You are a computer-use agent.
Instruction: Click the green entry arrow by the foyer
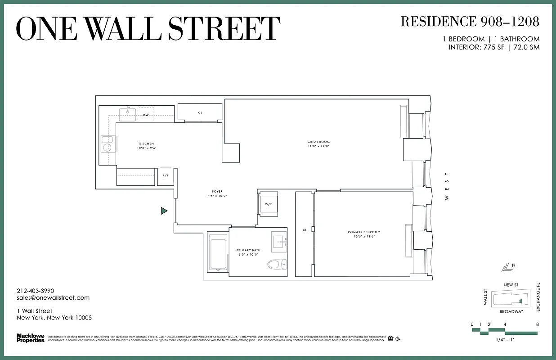click(x=164, y=211)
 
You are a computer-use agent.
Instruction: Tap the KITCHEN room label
click(x=146, y=144)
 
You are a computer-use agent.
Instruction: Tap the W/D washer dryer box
click(x=269, y=204)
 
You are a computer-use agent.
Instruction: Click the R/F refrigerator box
click(x=165, y=176)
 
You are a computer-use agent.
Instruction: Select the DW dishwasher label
click(x=146, y=115)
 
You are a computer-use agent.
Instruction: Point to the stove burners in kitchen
click(x=107, y=144)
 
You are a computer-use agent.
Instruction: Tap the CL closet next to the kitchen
click(x=200, y=112)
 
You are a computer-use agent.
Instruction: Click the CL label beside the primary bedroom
click(x=305, y=230)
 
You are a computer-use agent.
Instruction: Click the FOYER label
click(x=217, y=192)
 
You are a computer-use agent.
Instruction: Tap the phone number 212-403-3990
click(x=35, y=291)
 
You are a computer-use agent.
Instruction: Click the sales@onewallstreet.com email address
click(x=53, y=298)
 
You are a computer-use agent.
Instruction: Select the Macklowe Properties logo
click(x=30, y=338)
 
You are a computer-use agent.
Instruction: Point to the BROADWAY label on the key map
click(x=511, y=311)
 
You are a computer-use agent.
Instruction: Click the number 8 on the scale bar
click(x=537, y=324)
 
